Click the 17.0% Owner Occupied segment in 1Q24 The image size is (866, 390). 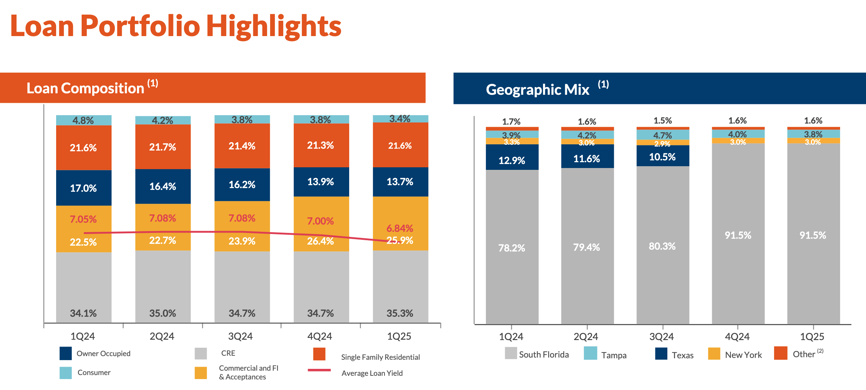(x=83, y=188)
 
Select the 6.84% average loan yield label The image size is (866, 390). (x=399, y=229)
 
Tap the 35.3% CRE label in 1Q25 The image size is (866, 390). (x=399, y=313)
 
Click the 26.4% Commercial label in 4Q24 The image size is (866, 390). (x=320, y=241)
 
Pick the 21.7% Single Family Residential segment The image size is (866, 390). (x=163, y=147)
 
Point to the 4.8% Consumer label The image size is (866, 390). (x=83, y=120)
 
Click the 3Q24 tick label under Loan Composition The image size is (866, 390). (x=241, y=336)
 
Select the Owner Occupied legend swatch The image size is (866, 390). (x=66, y=353)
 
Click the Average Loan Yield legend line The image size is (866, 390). (x=319, y=370)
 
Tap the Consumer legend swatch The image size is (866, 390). (x=66, y=373)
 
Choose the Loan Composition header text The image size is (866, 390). (x=85, y=88)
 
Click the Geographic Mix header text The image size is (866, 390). (x=537, y=90)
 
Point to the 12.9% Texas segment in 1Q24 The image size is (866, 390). (x=512, y=160)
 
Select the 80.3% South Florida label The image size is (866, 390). (x=662, y=246)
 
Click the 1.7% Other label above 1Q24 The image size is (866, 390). (x=511, y=121)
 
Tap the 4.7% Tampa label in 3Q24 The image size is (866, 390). (x=662, y=135)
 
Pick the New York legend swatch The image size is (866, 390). (x=714, y=354)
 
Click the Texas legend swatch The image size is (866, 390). (x=661, y=354)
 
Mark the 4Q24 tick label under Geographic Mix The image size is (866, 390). (x=737, y=336)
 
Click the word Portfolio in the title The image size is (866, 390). (x=140, y=26)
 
